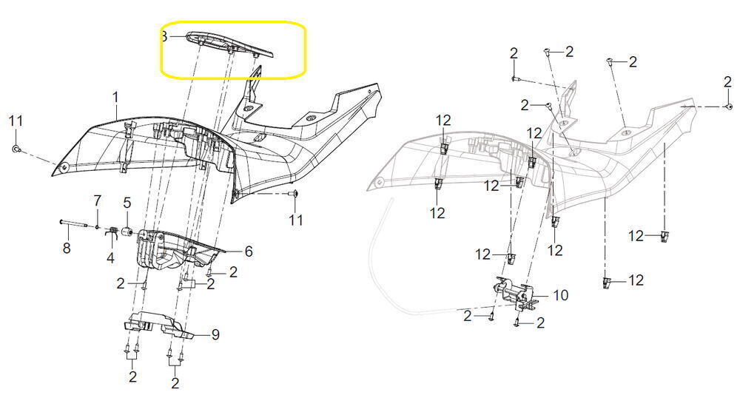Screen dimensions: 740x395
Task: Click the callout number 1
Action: click(115, 98)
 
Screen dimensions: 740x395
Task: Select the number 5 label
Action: click(127, 203)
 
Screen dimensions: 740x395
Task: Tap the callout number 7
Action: click(97, 200)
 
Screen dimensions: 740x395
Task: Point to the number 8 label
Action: click(67, 247)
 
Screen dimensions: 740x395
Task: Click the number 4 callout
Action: click(110, 257)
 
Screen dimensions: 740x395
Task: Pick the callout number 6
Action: click(248, 251)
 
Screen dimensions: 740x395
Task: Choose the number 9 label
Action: click(215, 334)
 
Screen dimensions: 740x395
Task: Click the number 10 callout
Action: click(561, 295)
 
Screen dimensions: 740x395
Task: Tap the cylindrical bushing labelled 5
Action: click(127, 233)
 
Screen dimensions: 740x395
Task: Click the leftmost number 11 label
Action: click(16, 121)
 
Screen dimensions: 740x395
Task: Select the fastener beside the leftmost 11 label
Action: click(16, 149)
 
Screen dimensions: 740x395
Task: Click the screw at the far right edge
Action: click(729, 107)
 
